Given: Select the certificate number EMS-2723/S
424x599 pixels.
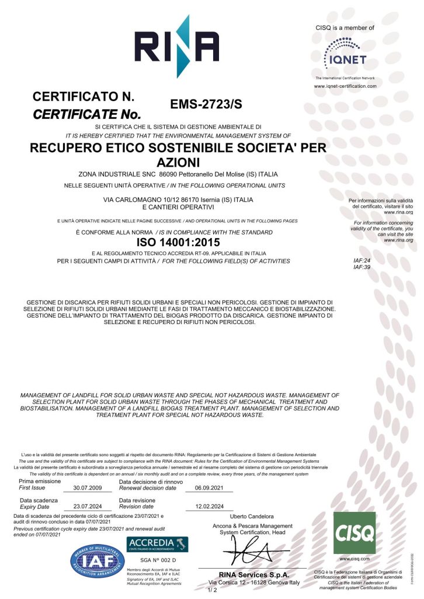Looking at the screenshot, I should pyautogui.click(x=206, y=104).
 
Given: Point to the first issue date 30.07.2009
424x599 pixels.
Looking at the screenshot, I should pyautogui.click(x=87, y=487).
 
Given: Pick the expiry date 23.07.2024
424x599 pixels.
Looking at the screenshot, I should pyautogui.click(x=87, y=507).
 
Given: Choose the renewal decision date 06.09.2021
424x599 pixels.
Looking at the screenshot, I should pyautogui.click(x=210, y=487).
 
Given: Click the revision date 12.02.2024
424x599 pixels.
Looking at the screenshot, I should pyautogui.click(x=210, y=507).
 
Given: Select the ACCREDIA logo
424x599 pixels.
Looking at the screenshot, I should pyautogui.click(x=158, y=543).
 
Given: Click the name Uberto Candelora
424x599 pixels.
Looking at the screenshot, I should pyautogui.click(x=252, y=517).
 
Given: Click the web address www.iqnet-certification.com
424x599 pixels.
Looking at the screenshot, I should pyautogui.click(x=345, y=86).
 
